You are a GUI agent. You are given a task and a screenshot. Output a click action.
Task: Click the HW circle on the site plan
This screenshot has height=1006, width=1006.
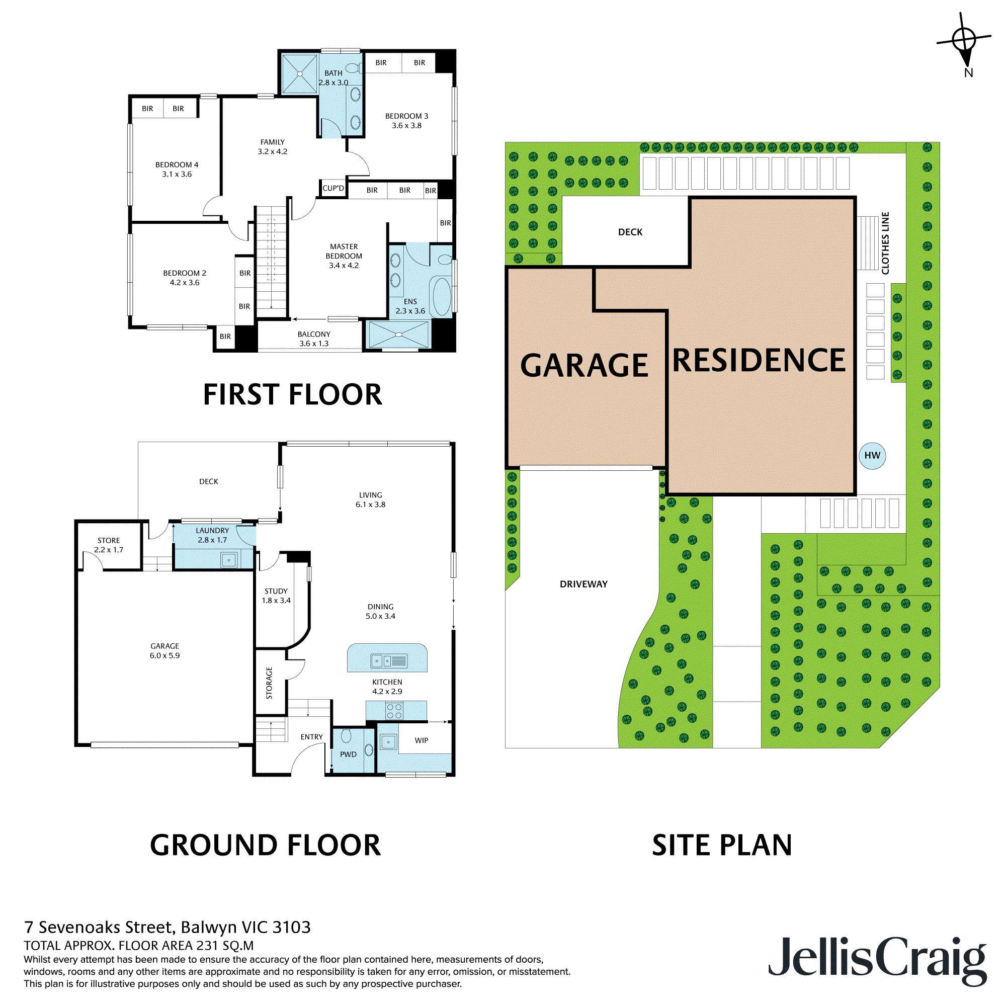tap(872, 456)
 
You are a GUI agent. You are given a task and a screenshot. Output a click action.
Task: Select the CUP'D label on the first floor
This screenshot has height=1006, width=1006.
tap(333, 189)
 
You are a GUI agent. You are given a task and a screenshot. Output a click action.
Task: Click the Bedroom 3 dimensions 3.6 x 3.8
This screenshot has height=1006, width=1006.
tap(406, 125)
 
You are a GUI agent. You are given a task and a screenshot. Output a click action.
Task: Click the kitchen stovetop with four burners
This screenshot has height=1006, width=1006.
tap(394, 711)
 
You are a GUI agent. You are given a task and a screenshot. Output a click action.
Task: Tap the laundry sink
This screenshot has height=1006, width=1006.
tap(228, 560)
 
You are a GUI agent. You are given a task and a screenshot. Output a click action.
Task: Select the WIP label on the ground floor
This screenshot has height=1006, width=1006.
tap(421, 740)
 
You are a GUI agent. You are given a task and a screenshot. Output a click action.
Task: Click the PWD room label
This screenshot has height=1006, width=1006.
tap(349, 754)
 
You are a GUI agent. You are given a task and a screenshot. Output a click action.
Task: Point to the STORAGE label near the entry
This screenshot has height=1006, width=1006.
tap(269, 683)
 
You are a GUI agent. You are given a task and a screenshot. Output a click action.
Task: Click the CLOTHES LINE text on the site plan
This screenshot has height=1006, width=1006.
tap(885, 243)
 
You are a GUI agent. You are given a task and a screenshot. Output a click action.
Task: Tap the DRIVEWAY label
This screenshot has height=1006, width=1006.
tap(583, 584)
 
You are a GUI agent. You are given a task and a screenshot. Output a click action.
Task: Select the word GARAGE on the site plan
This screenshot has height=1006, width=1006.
tap(584, 366)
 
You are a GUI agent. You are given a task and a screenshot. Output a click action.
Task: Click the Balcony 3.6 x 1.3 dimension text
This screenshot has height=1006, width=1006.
tap(314, 344)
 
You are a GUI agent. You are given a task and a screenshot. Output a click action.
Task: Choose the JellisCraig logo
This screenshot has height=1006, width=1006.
tap(877, 960)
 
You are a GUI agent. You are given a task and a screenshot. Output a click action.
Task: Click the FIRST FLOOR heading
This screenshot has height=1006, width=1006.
tap(292, 395)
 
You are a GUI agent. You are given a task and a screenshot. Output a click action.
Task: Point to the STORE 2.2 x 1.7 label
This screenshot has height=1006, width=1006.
tap(109, 545)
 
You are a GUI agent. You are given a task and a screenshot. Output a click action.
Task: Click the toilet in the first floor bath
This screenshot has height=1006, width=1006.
tap(354, 68)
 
